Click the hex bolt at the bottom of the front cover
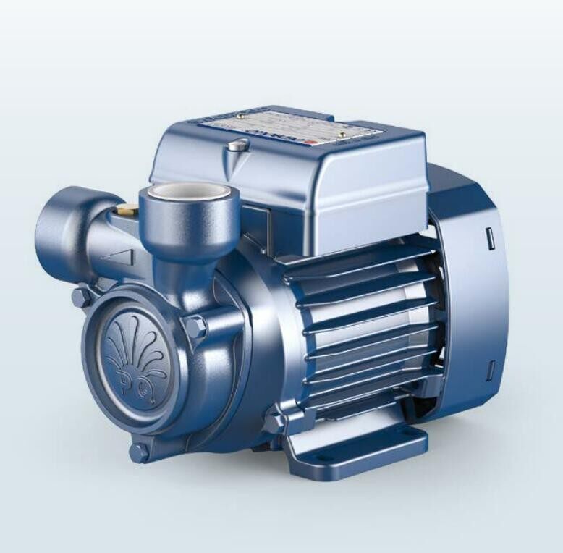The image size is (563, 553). click(x=140, y=453)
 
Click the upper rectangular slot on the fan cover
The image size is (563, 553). click(x=488, y=236)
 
